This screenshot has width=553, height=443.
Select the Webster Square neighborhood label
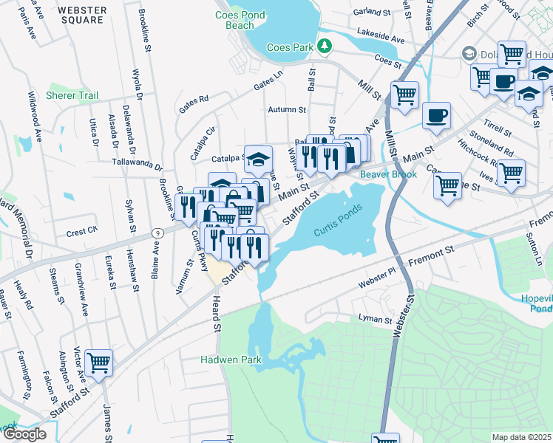click(81, 16)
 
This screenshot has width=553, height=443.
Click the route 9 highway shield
click(156, 233)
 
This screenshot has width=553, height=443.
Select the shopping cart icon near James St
click(99, 362)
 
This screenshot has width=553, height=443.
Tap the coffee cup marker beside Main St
click(436, 115)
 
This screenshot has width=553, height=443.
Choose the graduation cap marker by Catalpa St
click(258, 158)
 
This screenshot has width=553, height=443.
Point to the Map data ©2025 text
click(521, 437)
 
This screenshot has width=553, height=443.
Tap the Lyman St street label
click(374, 320)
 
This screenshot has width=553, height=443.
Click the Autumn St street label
click(287, 109)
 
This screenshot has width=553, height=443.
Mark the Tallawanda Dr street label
click(137, 162)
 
